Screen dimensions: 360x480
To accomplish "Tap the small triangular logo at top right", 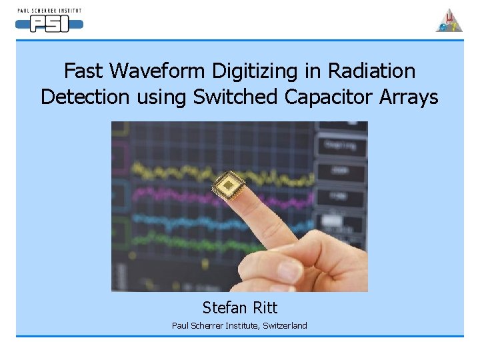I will pos(449,21).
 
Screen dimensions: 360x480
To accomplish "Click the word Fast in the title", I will pos(83,71).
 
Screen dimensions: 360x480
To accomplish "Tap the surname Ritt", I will pos(265,307).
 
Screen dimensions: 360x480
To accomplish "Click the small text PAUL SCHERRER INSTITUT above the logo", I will pos(49,11).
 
